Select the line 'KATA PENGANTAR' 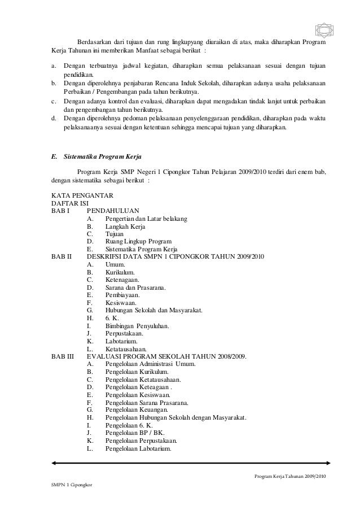82,195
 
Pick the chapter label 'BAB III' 62,356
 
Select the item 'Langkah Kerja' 125,226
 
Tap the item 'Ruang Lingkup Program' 138,241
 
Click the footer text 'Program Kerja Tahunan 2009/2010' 291,477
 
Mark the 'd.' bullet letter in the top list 54,118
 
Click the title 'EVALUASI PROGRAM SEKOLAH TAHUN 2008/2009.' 166,356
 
